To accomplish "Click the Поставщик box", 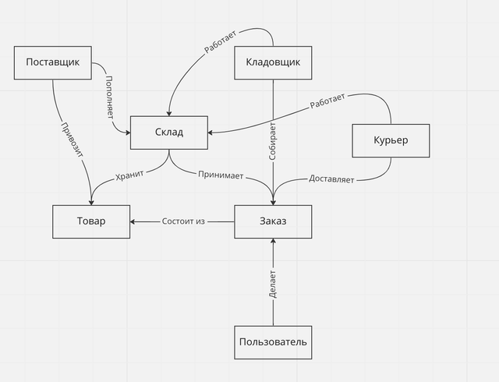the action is tap(53, 62).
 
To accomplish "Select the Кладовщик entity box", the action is tap(273, 62).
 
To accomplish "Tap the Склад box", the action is tap(169, 133).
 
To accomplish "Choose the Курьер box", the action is tap(391, 140).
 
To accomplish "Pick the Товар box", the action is tap(91, 221).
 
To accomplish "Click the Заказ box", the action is tap(273, 221).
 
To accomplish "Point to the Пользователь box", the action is tap(273, 342).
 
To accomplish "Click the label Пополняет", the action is tap(109, 97).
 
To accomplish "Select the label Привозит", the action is tap(72, 140).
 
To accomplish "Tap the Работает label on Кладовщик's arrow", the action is tap(220, 41).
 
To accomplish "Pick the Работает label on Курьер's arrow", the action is tap(327, 101).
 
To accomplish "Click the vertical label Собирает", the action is tap(272, 141).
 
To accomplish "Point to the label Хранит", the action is tap(129, 175).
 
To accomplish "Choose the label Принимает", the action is tap(221, 175).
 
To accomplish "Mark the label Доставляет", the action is tap(331, 179).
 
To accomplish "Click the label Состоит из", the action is tap(183, 221).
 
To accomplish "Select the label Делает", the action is tap(272, 285).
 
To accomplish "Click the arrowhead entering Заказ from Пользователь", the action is tap(273, 241).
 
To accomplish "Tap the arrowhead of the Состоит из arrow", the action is tap(133, 221).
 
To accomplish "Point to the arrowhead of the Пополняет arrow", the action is tap(128, 133).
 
